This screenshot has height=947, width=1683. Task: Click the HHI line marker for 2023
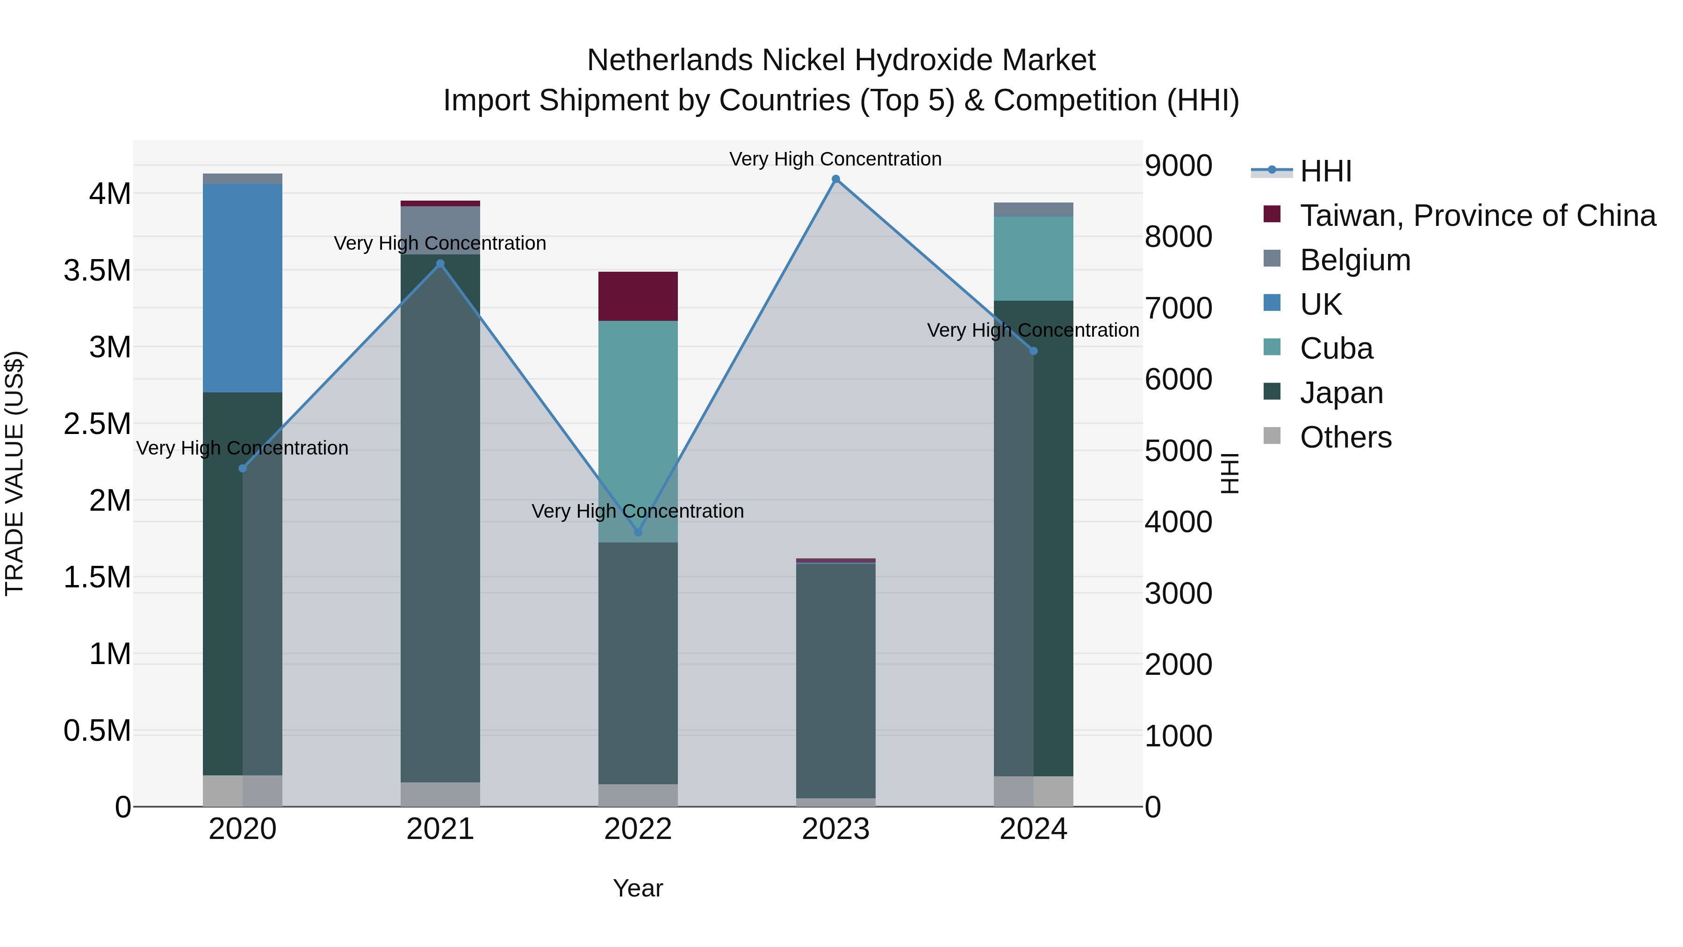(x=835, y=179)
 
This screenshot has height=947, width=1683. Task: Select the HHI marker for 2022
(x=638, y=532)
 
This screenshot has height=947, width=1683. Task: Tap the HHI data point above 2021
(x=440, y=264)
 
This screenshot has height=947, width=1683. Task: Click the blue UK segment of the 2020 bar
(x=242, y=288)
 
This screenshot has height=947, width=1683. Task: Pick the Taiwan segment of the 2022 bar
(x=638, y=296)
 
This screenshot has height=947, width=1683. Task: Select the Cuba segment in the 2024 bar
(x=1033, y=258)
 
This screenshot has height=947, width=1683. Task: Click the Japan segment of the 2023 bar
(x=835, y=680)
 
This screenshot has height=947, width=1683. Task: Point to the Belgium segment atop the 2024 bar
(x=1033, y=209)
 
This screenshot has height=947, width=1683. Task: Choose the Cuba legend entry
(x=1336, y=348)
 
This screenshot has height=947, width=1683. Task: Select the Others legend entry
(x=1345, y=437)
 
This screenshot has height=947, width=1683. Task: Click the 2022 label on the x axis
(x=638, y=829)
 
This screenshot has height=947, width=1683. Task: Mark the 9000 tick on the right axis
(x=1179, y=166)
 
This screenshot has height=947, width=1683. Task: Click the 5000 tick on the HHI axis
(x=1179, y=450)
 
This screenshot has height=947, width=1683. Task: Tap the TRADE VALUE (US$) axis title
(x=15, y=473)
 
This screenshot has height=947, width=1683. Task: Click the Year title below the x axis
(x=638, y=888)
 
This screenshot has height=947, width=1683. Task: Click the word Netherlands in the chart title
(x=670, y=60)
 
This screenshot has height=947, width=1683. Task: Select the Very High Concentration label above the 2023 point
(x=835, y=159)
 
